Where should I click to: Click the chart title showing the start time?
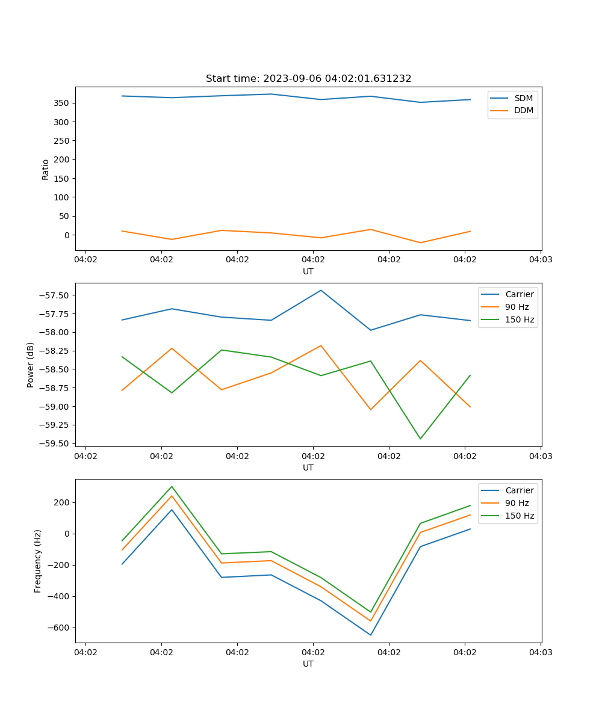(308, 79)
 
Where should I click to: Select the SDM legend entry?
(523, 98)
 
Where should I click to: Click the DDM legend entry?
(523, 110)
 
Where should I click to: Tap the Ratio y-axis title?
(46, 169)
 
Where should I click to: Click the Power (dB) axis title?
(31, 365)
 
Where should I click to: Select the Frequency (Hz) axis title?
(38, 561)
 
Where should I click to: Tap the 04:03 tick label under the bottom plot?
(540, 652)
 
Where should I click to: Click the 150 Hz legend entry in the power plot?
(520, 319)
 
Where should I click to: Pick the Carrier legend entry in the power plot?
(520, 294)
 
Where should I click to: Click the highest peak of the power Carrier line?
(321, 290)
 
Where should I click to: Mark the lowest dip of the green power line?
(420, 439)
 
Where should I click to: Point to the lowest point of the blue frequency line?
(371, 635)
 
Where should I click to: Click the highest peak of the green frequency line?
(172, 486)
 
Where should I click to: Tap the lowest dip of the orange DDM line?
(420, 242)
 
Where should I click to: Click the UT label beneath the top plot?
(308, 271)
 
